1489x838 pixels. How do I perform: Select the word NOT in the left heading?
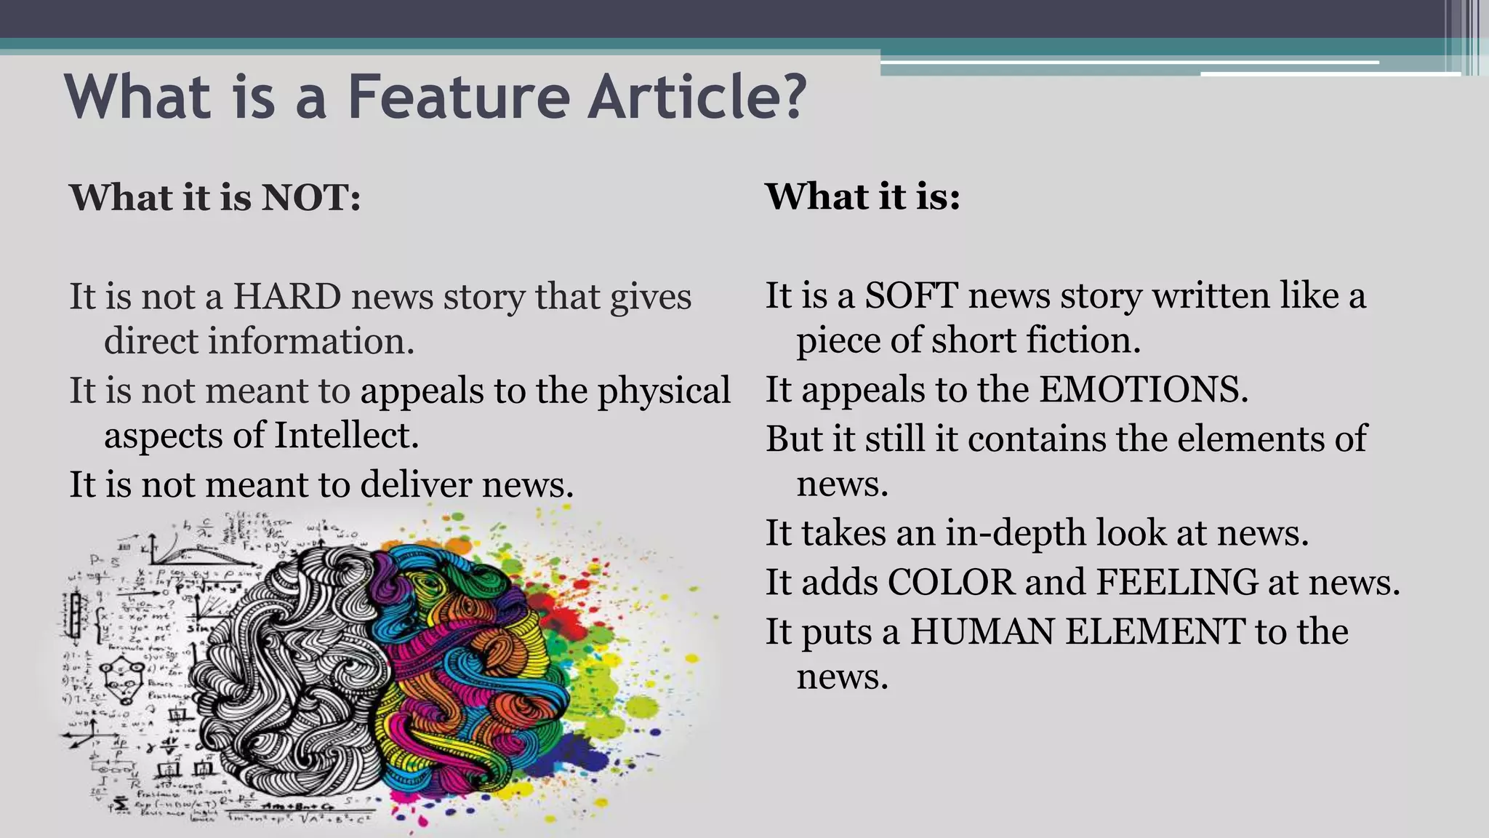pos(310,198)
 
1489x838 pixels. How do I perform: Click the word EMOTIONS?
pos(1143,389)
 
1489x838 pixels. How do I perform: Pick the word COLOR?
pos(951,583)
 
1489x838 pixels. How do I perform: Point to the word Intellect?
pos(347,436)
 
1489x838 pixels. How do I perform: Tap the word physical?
pos(664,391)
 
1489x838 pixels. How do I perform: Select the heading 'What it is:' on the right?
pos(862,196)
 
